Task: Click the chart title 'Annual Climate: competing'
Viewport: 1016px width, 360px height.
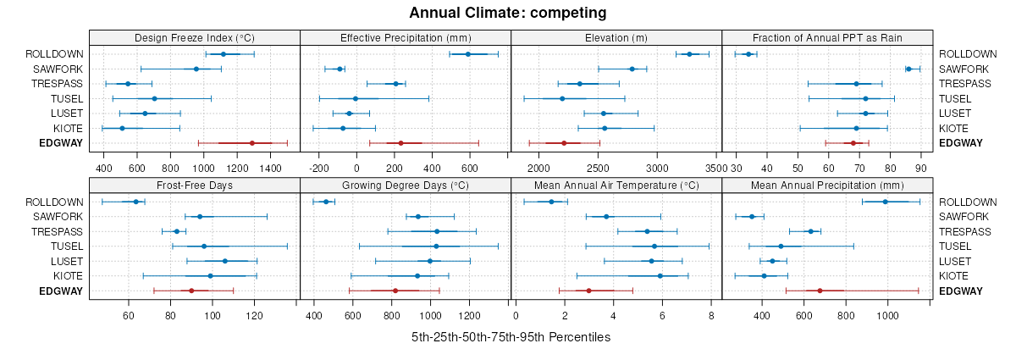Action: pos(508,13)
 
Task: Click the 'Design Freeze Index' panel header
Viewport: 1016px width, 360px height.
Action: pos(195,37)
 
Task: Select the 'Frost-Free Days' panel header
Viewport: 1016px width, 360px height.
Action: pos(195,186)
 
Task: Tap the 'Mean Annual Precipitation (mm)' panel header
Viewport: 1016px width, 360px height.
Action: pos(827,186)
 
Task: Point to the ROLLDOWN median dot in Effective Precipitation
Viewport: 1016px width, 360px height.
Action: pos(467,54)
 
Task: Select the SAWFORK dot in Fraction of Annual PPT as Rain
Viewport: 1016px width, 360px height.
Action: pos(908,69)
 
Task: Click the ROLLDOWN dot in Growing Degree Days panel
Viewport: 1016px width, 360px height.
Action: pos(326,202)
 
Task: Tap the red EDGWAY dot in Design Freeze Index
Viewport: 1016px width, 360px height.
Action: pos(252,143)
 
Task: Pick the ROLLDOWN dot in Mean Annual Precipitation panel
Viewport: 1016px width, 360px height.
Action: pos(886,202)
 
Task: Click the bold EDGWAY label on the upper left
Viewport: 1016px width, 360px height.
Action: pos(61,143)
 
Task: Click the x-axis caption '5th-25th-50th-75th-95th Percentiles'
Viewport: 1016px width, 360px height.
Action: pos(511,337)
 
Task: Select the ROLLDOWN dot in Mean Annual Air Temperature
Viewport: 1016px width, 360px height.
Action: pos(551,202)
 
